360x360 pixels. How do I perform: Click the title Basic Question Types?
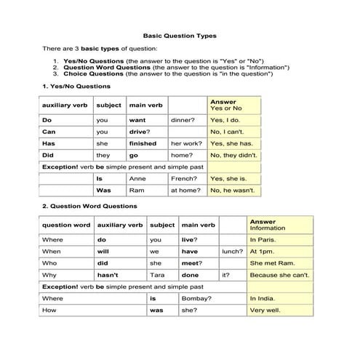tap(179, 35)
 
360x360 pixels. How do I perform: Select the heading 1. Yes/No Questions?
tap(76, 86)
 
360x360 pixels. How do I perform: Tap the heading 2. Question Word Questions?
tap(89, 206)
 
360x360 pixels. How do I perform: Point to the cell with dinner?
tap(183, 120)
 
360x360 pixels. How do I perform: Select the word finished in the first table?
tap(143, 143)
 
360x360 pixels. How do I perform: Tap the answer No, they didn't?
tap(233, 155)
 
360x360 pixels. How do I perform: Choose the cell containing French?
tap(183, 178)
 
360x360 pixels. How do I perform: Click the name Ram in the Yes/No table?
tap(136, 190)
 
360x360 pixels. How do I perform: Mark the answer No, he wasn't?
tap(232, 190)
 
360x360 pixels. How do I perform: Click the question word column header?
tap(66, 225)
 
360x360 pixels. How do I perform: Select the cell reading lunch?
tap(231, 251)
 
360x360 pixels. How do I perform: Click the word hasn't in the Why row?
tap(108, 275)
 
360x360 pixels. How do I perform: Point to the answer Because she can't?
tap(279, 275)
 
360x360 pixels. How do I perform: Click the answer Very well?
tap(264, 310)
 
